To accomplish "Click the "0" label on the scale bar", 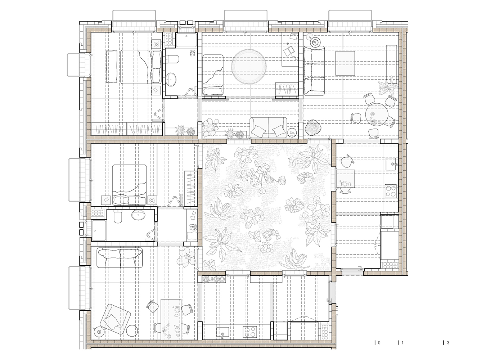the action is pyautogui.click(x=379, y=343).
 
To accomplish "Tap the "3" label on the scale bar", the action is pyautogui.click(x=448, y=343).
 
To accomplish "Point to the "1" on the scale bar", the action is pyautogui.click(x=402, y=343).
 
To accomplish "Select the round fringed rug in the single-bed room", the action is pyautogui.click(x=249, y=67).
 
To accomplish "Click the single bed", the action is pyautogui.click(x=213, y=75).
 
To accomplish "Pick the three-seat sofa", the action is pyautogui.click(x=314, y=71).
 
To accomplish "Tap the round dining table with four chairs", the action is pyautogui.click(x=377, y=114).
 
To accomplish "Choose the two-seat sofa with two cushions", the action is pyautogui.click(x=268, y=127).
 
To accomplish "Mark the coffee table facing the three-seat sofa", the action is pyautogui.click(x=345, y=63).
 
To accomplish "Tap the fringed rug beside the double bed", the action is pyautogui.click(x=112, y=67).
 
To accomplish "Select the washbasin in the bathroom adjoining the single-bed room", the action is pyautogui.click(x=171, y=80).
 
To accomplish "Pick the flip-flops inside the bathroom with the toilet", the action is pyautogui.click(x=192, y=53).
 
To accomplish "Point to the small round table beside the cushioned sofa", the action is pyautogui.click(x=292, y=132).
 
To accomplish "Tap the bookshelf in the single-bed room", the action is pyautogui.click(x=287, y=89).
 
